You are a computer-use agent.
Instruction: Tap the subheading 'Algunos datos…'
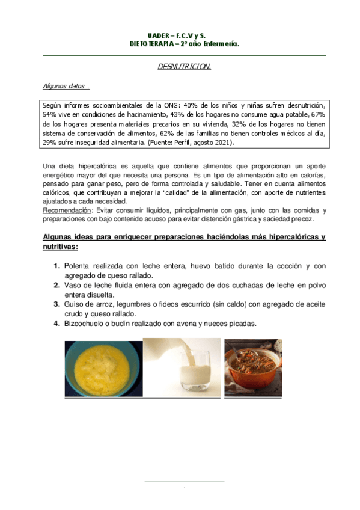point(66,86)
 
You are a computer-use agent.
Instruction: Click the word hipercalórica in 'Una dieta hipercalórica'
point(100,165)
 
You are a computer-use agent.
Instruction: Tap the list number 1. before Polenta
point(56,266)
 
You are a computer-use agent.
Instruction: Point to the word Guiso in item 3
point(76,304)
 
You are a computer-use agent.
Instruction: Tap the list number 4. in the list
point(56,324)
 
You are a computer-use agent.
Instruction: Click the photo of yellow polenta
point(103,369)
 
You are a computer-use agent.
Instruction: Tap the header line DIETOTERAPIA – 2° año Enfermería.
point(185,44)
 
